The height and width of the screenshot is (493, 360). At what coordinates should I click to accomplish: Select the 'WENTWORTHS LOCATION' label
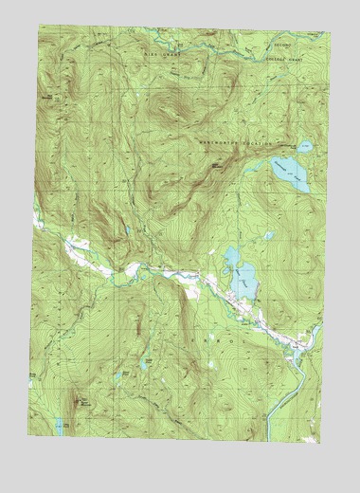click(235, 143)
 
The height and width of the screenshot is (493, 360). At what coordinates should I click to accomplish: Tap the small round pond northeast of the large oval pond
click(304, 147)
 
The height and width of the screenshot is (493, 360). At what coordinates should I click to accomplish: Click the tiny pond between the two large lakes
click(268, 235)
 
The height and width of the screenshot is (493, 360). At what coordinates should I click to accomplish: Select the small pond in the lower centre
click(144, 361)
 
